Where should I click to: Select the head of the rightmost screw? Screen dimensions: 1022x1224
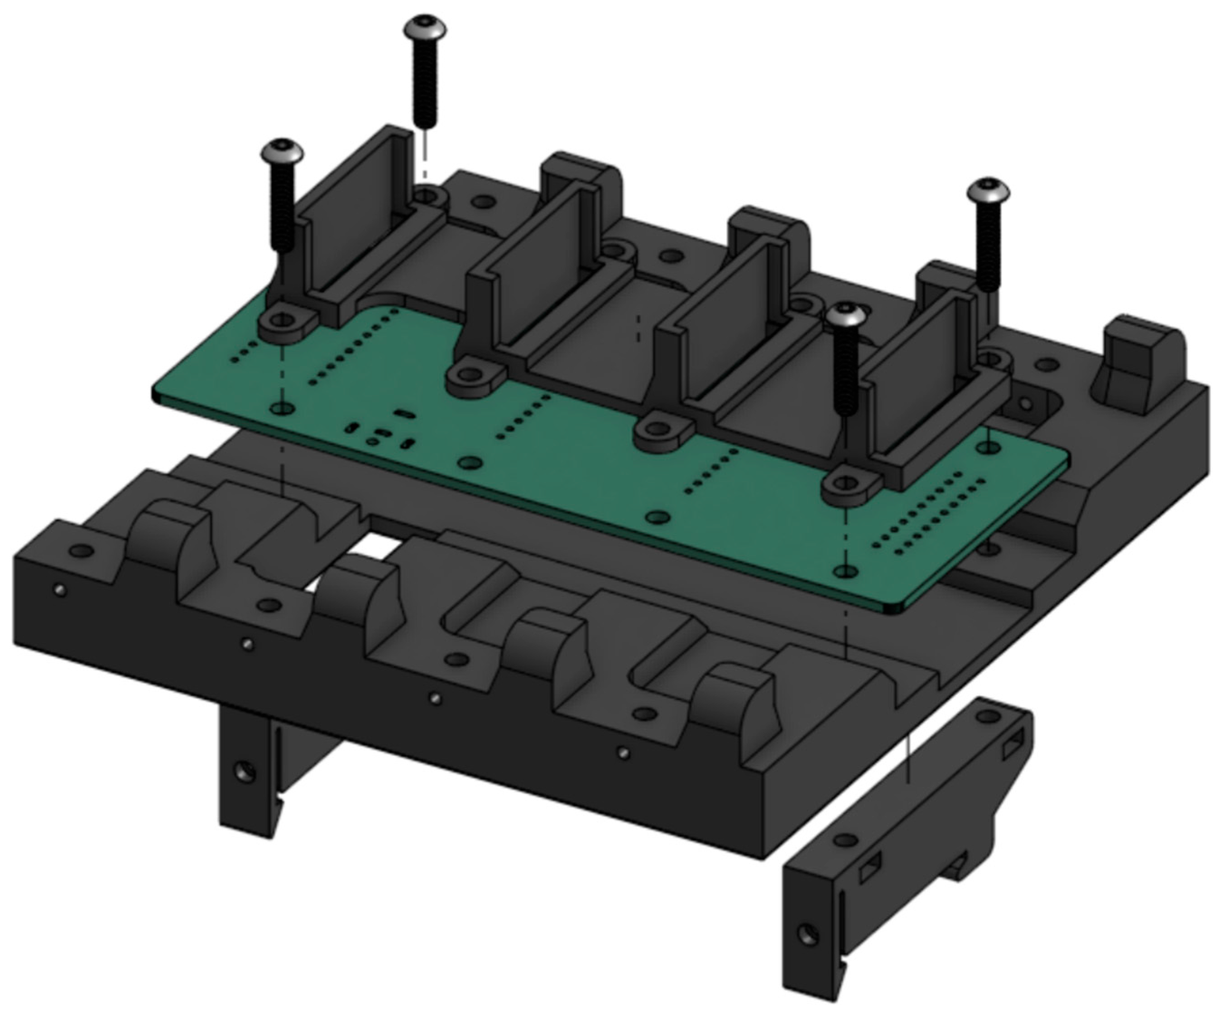pos(989,191)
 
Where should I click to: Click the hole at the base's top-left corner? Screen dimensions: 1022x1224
pos(82,551)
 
